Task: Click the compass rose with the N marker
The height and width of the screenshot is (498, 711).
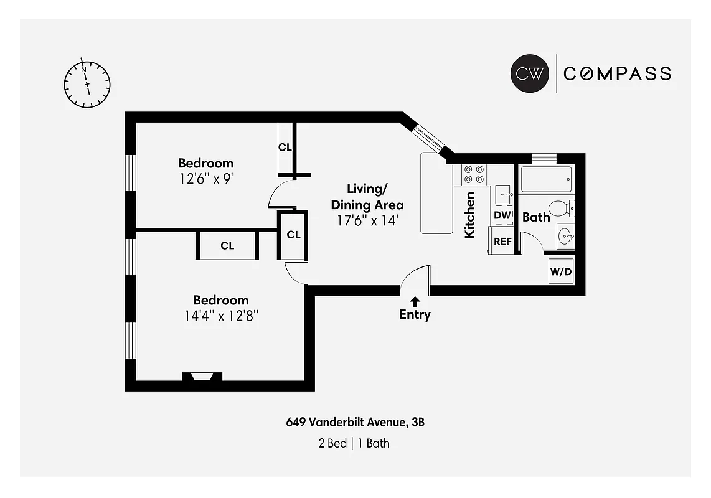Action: (87, 84)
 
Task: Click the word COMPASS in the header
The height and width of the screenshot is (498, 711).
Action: (617, 73)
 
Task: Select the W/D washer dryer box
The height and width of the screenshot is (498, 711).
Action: (560, 271)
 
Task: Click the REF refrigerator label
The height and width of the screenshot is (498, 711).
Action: (502, 242)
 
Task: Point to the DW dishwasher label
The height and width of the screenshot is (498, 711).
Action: (502, 215)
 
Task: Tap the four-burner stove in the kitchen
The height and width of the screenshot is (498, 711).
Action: (473, 174)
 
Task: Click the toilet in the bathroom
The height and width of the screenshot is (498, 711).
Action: (558, 207)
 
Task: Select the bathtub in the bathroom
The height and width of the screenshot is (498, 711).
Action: (546, 180)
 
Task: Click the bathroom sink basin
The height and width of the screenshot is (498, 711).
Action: (565, 236)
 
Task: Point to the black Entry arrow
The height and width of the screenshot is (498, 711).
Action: (415, 301)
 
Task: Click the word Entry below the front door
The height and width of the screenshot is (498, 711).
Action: (415, 315)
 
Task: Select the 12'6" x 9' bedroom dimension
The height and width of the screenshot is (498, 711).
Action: (205, 177)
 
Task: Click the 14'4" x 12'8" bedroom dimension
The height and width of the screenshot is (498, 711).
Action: (220, 315)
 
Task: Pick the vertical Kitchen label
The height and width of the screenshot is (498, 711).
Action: (470, 215)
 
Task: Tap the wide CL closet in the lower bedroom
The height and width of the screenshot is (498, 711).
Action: (227, 246)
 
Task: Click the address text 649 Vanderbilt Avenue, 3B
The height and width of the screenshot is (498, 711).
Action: (355, 423)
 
